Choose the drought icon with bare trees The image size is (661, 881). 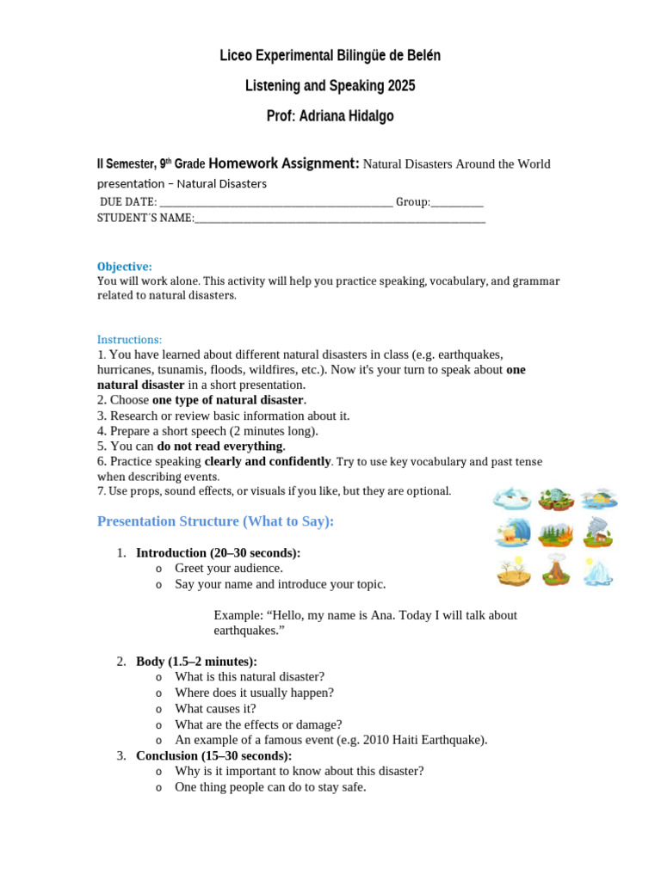coord(513,571)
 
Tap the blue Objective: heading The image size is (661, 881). coord(124,267)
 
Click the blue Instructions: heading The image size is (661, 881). coord(129,340)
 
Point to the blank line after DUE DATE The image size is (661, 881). coord(276,202)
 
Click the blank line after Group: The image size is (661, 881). coord(456,202)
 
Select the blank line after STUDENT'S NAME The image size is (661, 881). coord(340,219)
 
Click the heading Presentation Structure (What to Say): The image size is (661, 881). coord(215,521)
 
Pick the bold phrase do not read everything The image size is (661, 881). coord(219,446)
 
